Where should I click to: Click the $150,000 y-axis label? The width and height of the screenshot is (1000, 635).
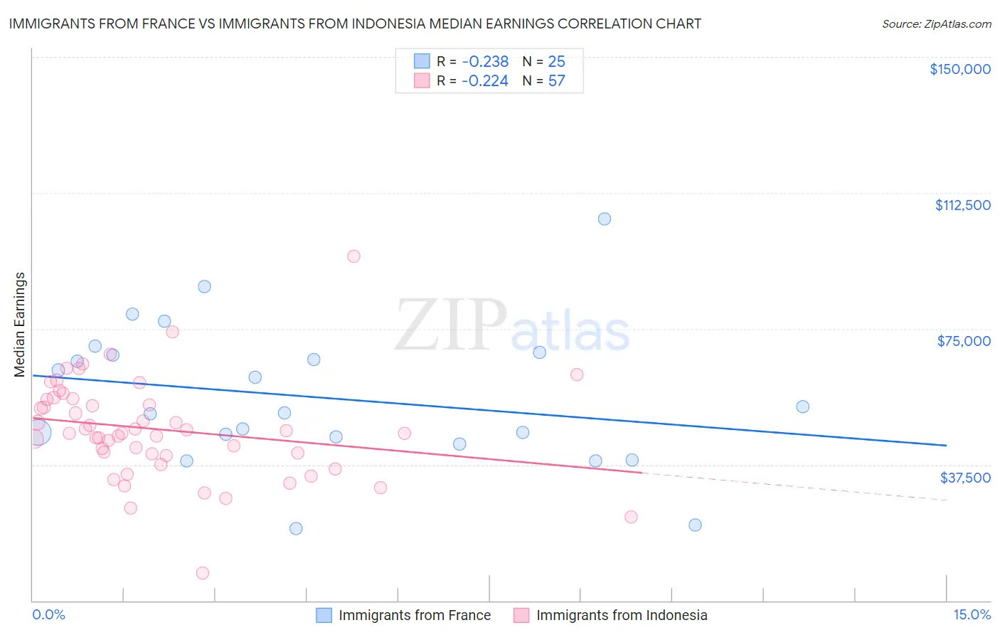[959, 69]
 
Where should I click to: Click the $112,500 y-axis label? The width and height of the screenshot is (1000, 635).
[962, 205]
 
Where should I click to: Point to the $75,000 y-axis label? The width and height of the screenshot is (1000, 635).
[964, 341]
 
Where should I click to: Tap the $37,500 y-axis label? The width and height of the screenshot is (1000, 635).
[965, 478]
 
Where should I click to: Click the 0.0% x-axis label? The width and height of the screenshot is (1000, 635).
[48, 615]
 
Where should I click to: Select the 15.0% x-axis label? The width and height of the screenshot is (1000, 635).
[972, 615]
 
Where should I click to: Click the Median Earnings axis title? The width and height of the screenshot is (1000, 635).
[20, 324]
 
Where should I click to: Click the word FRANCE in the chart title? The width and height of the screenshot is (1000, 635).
[159, 24]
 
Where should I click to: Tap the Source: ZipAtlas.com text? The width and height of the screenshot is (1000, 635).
[936, 24]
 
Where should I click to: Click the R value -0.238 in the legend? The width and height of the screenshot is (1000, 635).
[485, 62]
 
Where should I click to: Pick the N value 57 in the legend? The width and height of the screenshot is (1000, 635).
[556, 81]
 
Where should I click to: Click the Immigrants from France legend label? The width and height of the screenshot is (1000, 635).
[415, 616]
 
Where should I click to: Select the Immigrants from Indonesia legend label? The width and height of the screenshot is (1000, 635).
[622, 616]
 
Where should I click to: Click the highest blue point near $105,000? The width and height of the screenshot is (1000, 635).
[605, 219]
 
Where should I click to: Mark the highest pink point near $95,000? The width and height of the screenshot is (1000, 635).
[353, 256]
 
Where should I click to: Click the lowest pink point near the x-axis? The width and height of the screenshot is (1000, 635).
[203, 573]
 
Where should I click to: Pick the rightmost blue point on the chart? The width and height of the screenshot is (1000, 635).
[803, 406]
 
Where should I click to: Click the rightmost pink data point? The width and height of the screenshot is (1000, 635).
[631, 517]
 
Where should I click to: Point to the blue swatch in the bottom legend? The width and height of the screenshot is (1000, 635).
[324, 616]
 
